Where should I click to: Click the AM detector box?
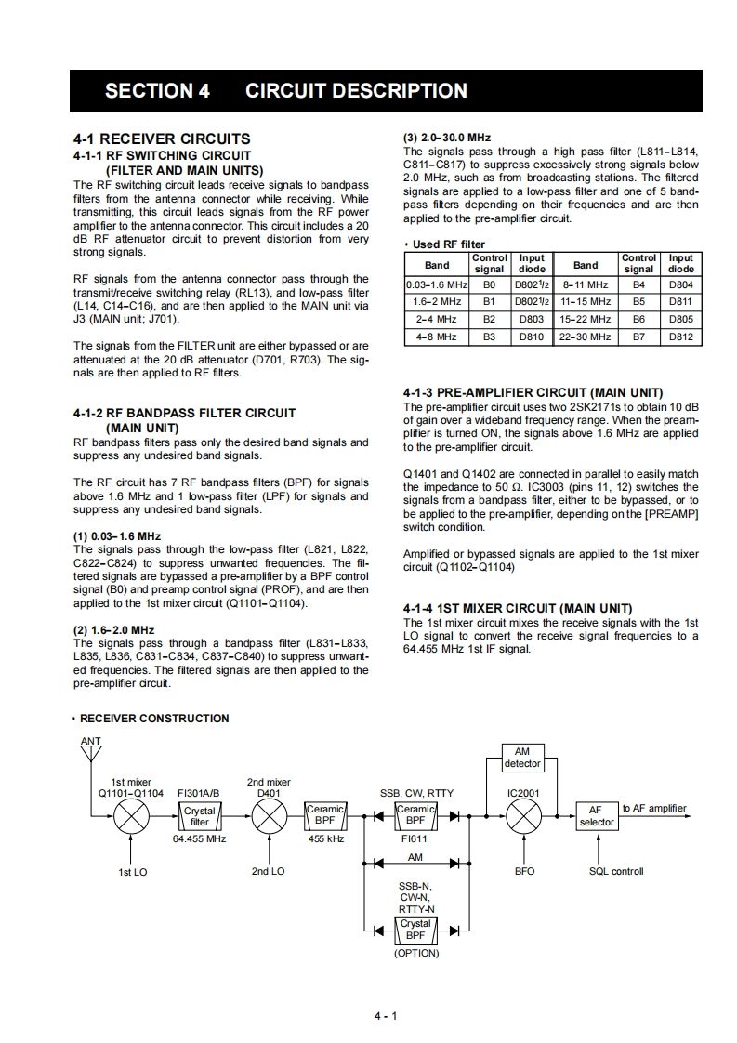click(521, 758)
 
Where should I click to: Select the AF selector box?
click(597, 816)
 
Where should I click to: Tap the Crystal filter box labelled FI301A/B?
click(200, 816)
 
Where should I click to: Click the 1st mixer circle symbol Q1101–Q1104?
click(131, 816)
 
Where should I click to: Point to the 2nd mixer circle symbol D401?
click(270, 816)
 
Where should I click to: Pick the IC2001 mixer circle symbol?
click(524, 816)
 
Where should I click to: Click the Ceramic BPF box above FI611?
click(415, 815)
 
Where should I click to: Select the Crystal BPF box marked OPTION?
click(415, 930)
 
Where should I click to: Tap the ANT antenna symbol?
click(91, 748)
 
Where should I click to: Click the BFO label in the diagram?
click(524, 871)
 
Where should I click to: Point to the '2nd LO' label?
click(268, 871)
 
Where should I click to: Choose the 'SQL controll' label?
click(616, 871)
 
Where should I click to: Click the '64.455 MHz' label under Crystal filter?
click(200, 838)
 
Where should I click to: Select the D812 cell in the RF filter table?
click(680, 337)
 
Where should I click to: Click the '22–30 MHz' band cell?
click(586, 337)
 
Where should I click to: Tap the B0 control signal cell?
click(490, 284)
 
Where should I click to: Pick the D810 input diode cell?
click(532, 337)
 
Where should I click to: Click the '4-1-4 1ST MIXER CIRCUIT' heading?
click(518, 608)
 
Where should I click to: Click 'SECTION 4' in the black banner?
click(157, 91)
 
